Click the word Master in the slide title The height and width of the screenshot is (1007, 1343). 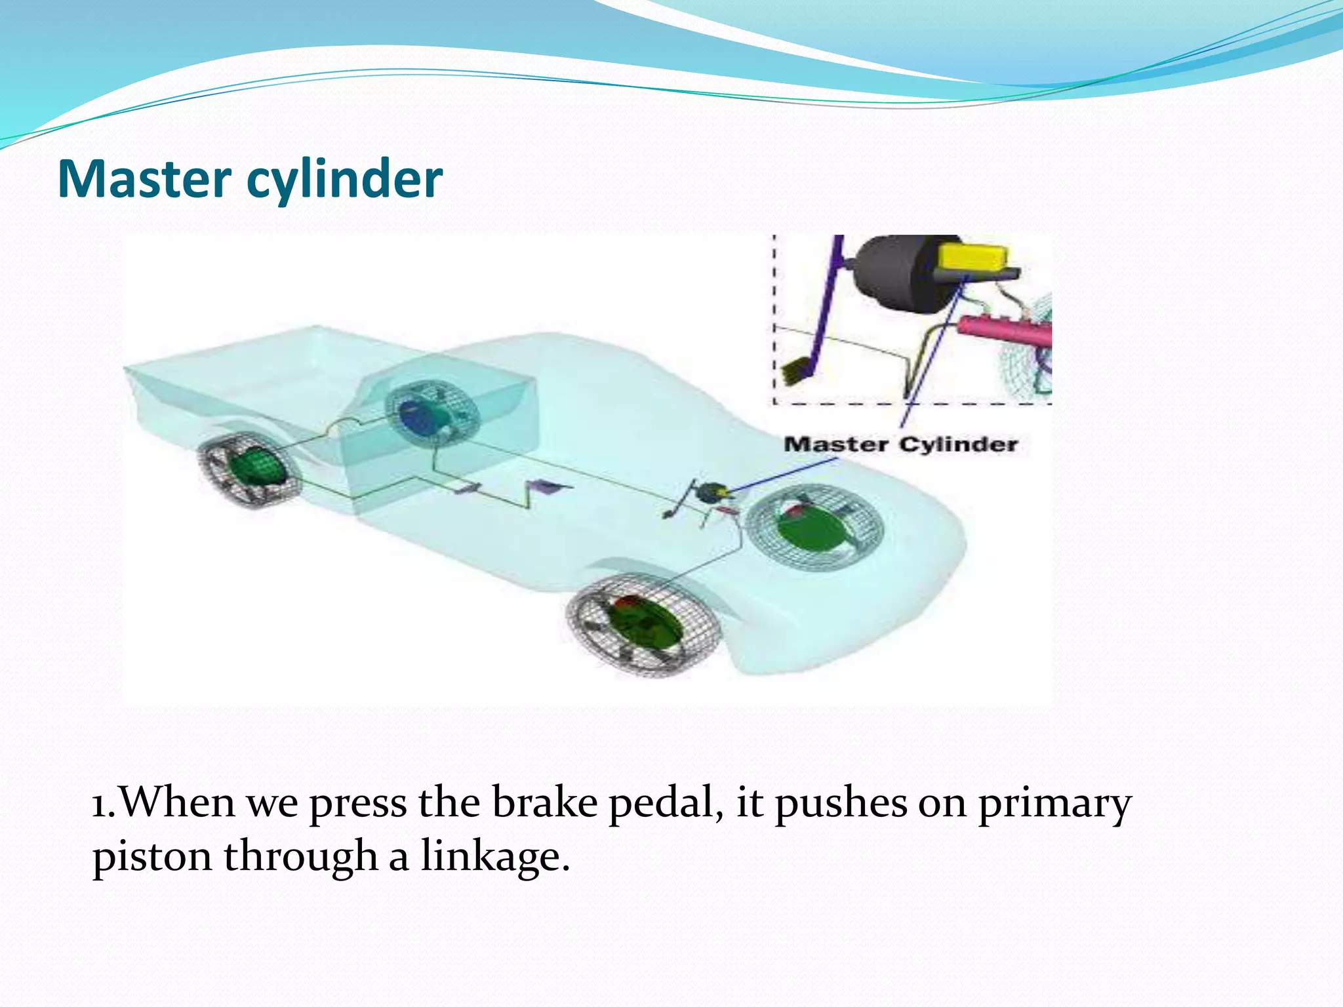(x=144, y=179)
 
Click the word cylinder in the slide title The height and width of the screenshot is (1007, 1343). (x=345, y=179)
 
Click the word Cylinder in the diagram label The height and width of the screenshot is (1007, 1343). (x=958, y=444)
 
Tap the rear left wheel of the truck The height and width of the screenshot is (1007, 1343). (x=250, y=470)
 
